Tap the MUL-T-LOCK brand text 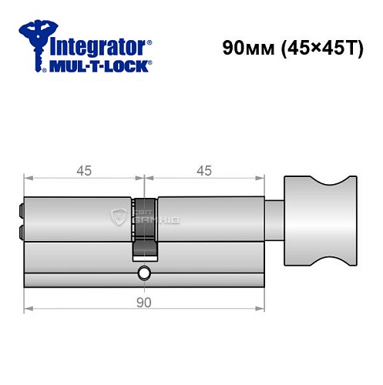[x=99, y=66]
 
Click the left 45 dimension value [x=84, y=171]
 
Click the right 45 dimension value [x=203, y=171]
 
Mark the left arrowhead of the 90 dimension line [x=28, y=310]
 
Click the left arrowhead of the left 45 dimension [x=28, y=179]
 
